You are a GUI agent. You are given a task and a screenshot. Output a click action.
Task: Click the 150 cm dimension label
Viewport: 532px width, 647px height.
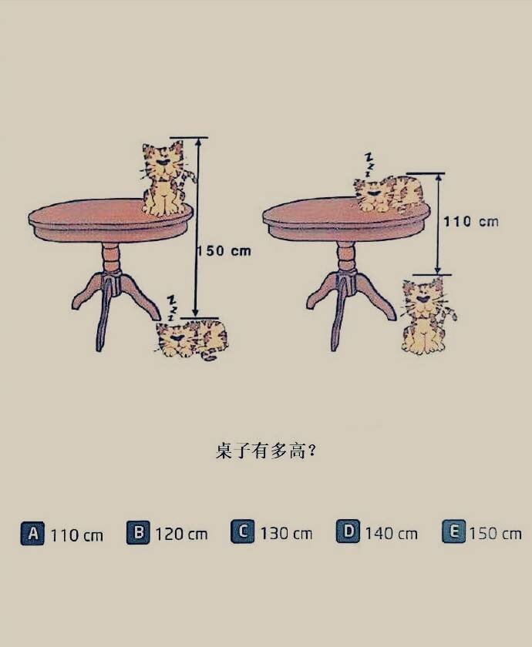(224, 251)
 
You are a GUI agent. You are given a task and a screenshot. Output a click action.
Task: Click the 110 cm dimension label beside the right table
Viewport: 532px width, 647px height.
(471, 222)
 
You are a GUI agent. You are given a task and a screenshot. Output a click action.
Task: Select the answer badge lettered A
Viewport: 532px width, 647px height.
(32, 534)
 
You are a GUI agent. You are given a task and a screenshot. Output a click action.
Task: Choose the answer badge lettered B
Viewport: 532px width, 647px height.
(138, 533)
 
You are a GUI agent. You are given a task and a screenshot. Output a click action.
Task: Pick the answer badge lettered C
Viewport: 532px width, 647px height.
(243, 531)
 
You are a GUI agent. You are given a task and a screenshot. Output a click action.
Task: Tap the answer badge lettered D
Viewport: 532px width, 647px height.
(348, 531)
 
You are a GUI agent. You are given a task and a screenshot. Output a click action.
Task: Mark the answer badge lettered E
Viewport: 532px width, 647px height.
(453, 531)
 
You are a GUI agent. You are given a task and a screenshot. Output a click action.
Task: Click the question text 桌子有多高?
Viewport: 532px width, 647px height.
(266, 451)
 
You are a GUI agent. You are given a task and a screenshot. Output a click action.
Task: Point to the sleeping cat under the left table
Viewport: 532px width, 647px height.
(191, 339)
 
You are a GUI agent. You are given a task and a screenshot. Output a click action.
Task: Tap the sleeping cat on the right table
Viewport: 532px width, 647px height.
(389, 194)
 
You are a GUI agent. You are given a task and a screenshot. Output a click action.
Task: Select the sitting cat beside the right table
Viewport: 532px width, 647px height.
(427, 316)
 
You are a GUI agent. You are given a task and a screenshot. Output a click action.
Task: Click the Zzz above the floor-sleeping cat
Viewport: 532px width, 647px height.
(171, 307)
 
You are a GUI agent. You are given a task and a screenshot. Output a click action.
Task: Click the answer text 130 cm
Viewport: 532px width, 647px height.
(286, 534)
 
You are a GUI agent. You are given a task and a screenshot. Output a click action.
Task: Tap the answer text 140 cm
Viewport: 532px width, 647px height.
(391, 534)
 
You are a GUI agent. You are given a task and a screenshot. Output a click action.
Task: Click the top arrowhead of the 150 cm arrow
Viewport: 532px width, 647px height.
(198, 142)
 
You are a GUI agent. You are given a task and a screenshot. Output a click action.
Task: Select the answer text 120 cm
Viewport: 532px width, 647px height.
(181, 535)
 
